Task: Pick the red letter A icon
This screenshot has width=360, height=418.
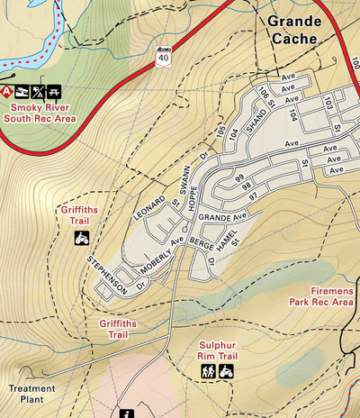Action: pyautogui.click(x=8, y=91)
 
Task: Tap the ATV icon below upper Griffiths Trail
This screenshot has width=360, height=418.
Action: pyautogui.click(x=81, y=238)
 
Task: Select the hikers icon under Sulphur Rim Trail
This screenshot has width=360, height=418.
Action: pyautogui.click(x=208, y=370)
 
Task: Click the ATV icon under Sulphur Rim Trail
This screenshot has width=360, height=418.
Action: pyautogui.click(x=226, y=370)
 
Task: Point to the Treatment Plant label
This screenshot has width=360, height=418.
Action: pyautogui.click(x=32, y=395)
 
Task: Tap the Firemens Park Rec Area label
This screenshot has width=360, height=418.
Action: pyautogui.click(x=319, y=297)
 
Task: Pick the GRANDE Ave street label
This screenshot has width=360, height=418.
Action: pyautogui.click(x=222, y=219)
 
